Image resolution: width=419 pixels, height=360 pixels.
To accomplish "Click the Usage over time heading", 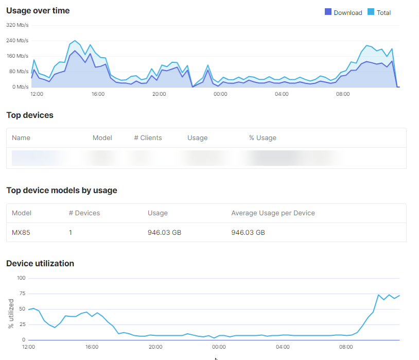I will (x=38, y=10).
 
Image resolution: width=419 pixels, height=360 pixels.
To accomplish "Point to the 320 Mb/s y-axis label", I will (x=17, y=25).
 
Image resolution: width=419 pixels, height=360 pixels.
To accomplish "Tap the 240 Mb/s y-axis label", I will (x=17, y=40).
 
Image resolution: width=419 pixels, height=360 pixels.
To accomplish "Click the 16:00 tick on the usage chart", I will (x=98, y=94).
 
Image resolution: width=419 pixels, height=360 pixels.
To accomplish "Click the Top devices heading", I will (x=30, y=115).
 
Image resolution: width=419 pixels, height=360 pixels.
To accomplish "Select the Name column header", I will (x=21, y=138).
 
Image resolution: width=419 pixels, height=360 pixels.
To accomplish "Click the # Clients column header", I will (x=148, y=138).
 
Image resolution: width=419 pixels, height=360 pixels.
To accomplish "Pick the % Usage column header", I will (x=263, y=138).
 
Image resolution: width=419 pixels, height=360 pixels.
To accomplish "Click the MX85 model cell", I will (x=21, y=233).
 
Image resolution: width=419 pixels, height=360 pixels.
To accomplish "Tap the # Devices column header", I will (x=84, y=213).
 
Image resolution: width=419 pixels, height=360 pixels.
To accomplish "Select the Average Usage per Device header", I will (x=273, y=213).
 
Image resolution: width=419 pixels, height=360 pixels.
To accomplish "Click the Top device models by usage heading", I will (x=62, y=191).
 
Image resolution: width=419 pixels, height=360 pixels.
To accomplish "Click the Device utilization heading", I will (x=40, y=264).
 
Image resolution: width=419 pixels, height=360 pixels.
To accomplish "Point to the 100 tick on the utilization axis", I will (x=21, y=278).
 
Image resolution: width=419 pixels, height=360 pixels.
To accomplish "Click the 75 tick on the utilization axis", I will (x=22, y=294).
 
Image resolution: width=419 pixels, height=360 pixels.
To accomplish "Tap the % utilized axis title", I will (x=11, y=313).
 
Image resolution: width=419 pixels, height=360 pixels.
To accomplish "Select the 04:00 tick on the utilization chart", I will (x=283, y=347).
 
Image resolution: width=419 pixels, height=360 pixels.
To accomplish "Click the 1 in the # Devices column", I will (x=70, y=233).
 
